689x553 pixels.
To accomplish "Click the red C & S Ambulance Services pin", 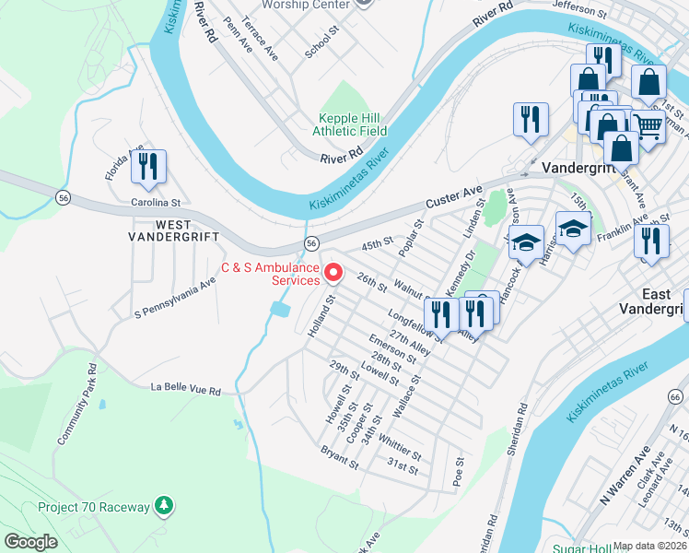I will pyautogui.click(x=334, y=274).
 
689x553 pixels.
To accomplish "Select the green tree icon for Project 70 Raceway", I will pyautogui.click(x=163, y=505).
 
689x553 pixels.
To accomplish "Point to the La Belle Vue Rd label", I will pyautogui.click(x=186, y=391).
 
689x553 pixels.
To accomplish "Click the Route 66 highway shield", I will pyautogui.click(x=675, y=396).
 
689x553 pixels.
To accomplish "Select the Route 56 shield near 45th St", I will pyautogui.click(x=312, y=243).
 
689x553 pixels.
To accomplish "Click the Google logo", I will pyautogui.click(x=30, y=542).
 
